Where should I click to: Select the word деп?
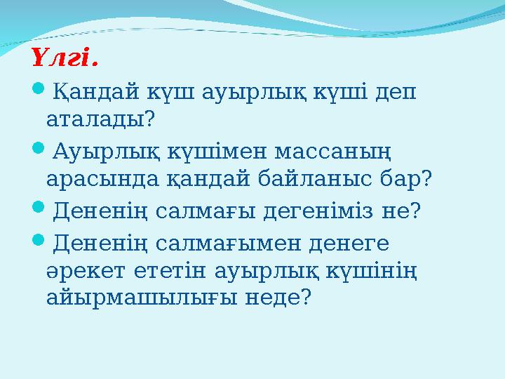coord(394,92)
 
